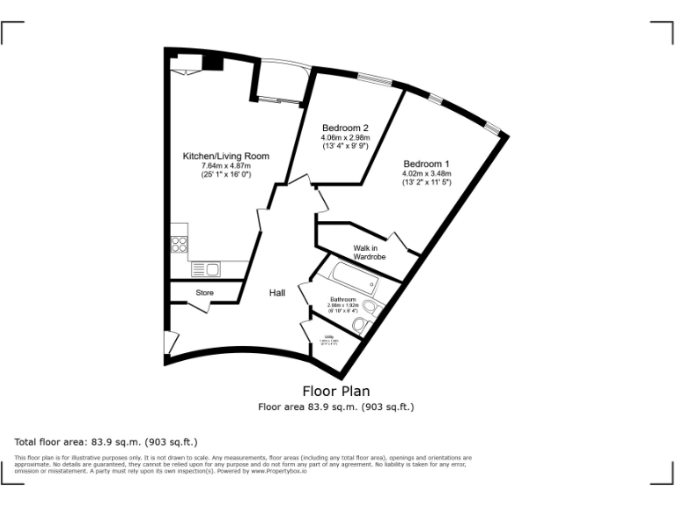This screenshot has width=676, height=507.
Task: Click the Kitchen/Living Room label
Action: click(225, 156)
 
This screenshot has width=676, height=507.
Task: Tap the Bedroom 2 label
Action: click(345, 127)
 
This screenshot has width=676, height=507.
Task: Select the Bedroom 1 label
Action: click(427, 164)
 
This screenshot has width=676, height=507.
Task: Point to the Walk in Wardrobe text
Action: click(371, 253)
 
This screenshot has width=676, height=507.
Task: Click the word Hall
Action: click(277, 292)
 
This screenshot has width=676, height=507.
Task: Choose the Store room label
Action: click(204, 292)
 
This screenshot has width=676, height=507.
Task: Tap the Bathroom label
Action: click(343, 299)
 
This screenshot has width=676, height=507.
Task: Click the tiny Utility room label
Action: click(329, 337)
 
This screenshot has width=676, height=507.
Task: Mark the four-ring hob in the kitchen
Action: click(179, 244)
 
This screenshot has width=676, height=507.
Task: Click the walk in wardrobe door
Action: click(398, 242)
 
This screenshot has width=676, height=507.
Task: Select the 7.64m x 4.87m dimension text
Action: click(225, 165)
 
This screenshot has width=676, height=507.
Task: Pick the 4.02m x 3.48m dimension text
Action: click(427, 173)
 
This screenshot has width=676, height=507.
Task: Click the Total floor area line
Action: click(107, 441)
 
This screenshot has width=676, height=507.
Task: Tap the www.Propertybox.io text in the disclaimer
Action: click(281, 471)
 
